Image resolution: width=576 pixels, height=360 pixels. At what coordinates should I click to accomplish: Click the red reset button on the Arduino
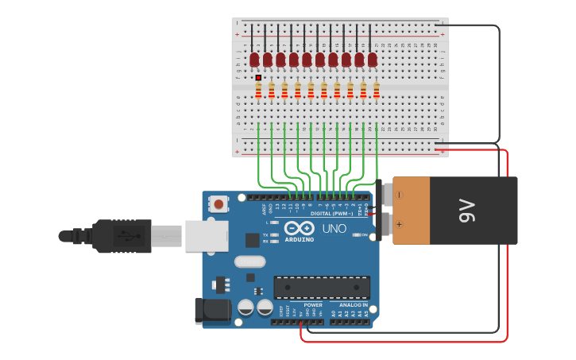[218, 205]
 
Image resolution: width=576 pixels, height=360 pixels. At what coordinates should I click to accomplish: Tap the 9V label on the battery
[466, 211]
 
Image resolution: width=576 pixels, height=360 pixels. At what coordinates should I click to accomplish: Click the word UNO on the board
[334, 229]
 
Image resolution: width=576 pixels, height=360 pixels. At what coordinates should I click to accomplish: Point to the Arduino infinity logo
[300, 228]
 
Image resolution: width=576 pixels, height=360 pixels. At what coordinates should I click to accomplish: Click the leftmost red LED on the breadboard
[254, 60]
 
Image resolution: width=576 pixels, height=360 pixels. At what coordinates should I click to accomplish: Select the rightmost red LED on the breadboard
[372, 60]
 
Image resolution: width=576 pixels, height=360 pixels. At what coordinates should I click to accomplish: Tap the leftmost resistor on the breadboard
[258, 90]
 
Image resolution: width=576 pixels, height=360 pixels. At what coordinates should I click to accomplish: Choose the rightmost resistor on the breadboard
[377, 90]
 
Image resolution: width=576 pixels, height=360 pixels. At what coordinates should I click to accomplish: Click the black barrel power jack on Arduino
[212, 311]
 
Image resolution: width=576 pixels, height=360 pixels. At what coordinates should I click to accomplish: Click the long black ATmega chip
[322, 288]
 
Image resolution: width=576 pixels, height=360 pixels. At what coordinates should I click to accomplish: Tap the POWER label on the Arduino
[314, 304]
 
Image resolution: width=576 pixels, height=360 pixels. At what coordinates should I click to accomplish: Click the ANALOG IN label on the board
[354, 304]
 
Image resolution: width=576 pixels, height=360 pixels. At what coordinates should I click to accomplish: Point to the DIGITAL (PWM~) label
[331, 214]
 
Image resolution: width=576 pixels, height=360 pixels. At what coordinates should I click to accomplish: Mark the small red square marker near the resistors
[258, 77]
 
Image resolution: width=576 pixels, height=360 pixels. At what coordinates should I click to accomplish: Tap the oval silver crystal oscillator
[249, 261]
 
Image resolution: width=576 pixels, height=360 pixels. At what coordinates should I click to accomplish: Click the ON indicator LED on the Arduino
[355, 234]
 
